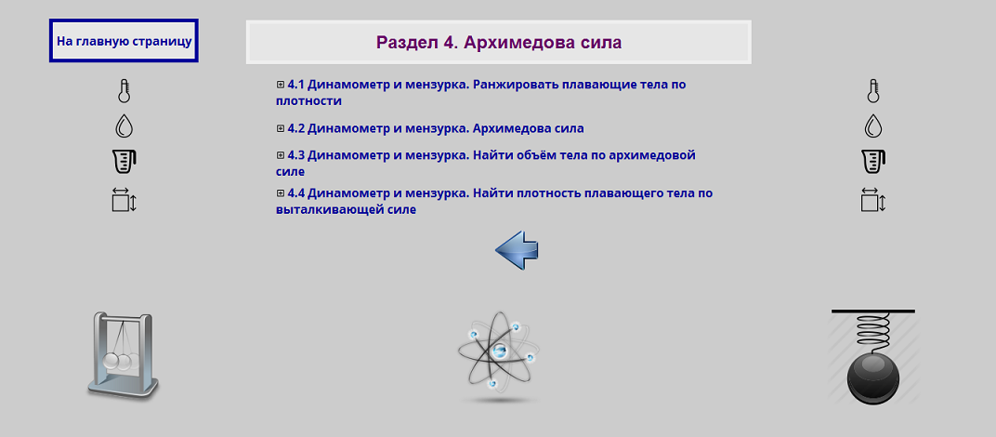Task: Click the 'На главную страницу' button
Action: coord(124,42)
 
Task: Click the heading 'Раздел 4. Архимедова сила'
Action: coord(499,43)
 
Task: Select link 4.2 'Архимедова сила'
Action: coord(436,128)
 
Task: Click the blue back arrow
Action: coord(517,250)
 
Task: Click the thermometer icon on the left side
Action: coord(124,91)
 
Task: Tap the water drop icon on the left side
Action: coord(124,126)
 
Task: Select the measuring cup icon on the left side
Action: coord(124,161)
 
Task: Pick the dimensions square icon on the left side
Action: coord(124,200)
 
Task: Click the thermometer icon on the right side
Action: coord(872,91)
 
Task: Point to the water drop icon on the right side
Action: coord(872,126)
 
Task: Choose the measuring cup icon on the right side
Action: coord(872,161)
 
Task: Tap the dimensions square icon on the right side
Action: coord(872,200)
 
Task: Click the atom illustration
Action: coord(499,354)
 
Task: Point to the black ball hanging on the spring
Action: coord(873,377)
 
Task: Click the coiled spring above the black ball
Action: coord(873,330)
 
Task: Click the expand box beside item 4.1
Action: coord(281,84)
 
